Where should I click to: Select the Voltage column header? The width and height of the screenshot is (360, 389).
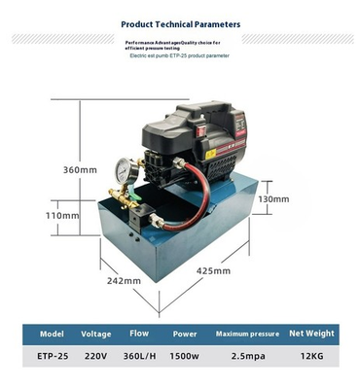[96, 332]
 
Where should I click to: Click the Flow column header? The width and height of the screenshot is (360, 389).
[140, 331]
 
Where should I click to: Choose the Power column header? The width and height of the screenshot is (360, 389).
[184, 332]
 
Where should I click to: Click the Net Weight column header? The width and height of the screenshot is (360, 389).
[311, 332]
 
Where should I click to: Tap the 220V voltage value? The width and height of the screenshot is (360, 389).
[96, 356]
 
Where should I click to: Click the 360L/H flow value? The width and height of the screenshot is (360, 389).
[140, 356]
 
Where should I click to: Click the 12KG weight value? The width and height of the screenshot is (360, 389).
[311, 356]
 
